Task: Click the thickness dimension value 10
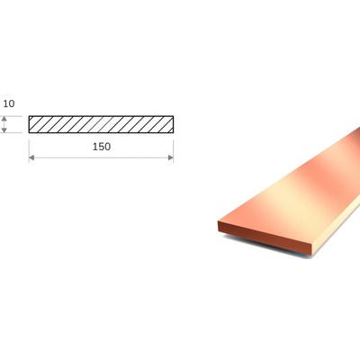[9, 103]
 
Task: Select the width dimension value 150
[102, 147]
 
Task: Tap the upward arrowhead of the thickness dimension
[4, 119]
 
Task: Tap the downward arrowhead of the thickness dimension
[4, 130]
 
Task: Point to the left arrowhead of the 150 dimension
[31, 157]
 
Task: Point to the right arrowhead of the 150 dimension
[171, 157]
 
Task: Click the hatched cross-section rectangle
[101, 124]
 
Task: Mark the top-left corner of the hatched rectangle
[29, 116]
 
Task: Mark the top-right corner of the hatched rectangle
[174, 116]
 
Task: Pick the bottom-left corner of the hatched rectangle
[29, 132]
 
